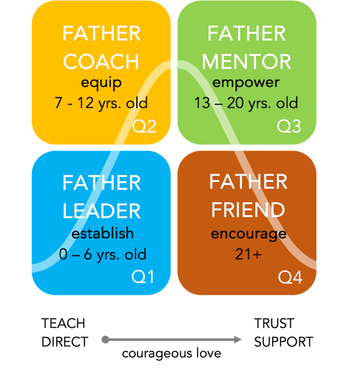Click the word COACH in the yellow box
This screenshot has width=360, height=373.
(101, 62)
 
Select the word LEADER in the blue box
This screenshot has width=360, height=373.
(101, 210)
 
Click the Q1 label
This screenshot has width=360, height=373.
(143, 277)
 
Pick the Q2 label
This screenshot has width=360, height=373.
(145, 127)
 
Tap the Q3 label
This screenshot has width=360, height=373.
(289, 127)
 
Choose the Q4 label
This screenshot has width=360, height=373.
(290, 277)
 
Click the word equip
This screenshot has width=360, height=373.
(101, 83)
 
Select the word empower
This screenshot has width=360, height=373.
(247, 83)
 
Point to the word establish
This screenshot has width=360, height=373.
(101, 233)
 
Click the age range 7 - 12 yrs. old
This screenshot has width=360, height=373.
(101, 103)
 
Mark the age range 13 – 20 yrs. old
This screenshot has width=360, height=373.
(247, 103)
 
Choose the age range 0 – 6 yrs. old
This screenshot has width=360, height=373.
(101, 254)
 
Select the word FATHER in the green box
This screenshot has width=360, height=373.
(247, 34)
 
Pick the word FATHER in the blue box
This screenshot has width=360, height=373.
(101, 183)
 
